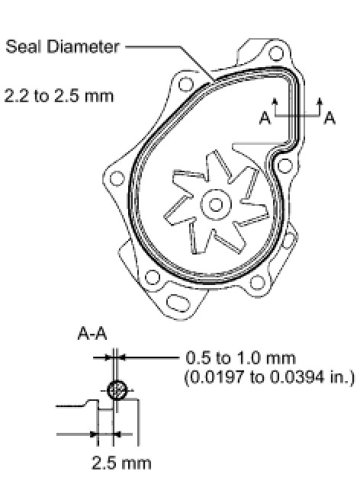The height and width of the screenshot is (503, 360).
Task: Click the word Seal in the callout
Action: pos(24,46)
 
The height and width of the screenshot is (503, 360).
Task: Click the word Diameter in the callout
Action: pos(83,46)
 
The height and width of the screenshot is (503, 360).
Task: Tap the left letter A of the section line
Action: pos(265,117)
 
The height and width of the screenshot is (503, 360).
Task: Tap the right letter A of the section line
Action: pos(329,117)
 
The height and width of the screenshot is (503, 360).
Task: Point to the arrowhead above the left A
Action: pos(275,101)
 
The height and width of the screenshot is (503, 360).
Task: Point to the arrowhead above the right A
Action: pos(320,101)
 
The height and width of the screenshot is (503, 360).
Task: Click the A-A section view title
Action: pos(92,334)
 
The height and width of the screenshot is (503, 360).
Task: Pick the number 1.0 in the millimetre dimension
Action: pos(248,357)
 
